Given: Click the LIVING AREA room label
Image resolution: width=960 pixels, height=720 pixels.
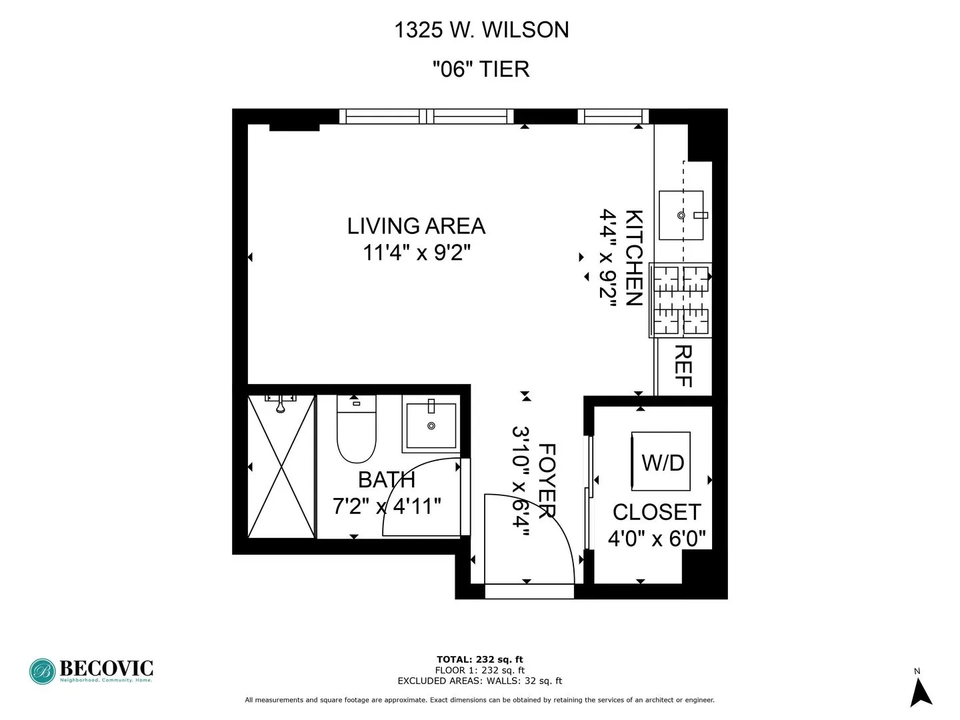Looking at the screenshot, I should pos(416,226).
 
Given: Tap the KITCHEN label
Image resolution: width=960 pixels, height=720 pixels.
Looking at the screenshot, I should pos(633,257).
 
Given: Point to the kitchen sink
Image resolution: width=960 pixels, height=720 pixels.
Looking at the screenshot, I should pos(681,215).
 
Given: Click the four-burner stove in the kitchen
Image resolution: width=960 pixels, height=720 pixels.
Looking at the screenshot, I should pos(681,300).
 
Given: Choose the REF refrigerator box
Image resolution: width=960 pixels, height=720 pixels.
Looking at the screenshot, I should pos(683,367).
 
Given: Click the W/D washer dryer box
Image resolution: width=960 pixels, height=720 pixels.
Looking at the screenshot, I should pos(661,462).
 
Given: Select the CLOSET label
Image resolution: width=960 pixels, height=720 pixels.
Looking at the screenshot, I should pos(657,512).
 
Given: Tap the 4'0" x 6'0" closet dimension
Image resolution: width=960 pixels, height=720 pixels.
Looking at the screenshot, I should pos(657,538).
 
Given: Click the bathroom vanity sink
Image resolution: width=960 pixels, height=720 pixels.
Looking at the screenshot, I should pos(431,425).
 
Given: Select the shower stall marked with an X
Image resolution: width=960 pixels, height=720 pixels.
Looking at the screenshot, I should pos(281,467).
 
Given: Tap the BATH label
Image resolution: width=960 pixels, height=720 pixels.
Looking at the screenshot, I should pos(387,480).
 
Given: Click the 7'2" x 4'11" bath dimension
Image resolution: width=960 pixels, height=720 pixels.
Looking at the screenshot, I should pos(387,506).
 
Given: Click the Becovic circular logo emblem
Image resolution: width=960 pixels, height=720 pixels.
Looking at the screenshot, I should pos(42,671).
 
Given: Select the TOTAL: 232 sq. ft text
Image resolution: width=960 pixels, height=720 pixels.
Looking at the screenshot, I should pos(479,660).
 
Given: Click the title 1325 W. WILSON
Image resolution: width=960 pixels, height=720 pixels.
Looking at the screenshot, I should pos(481,30).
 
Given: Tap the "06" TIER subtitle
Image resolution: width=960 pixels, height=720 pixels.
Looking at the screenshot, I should pos(481,69).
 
